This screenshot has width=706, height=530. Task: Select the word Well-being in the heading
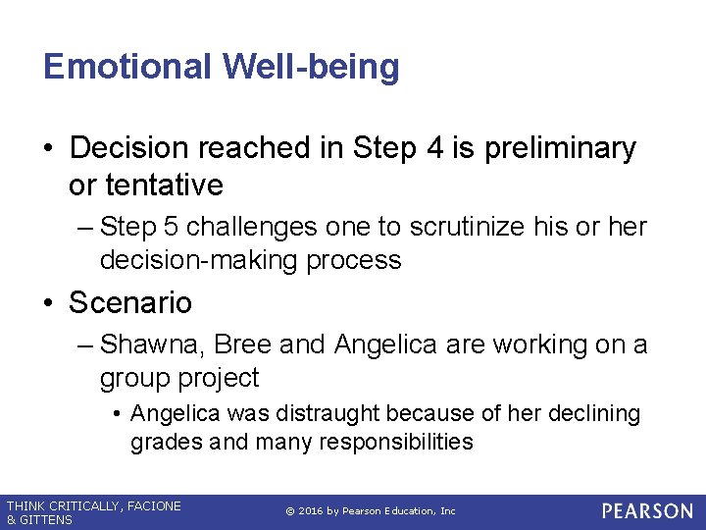pos(311,67)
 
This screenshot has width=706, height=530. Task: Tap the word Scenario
pos(130,302)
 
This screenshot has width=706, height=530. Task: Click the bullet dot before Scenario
pos(50,302)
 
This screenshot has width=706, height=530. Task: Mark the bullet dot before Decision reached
pos(50,148)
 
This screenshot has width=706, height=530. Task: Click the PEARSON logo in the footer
pos(646,511)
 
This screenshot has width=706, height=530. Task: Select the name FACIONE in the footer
pos(150,505)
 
